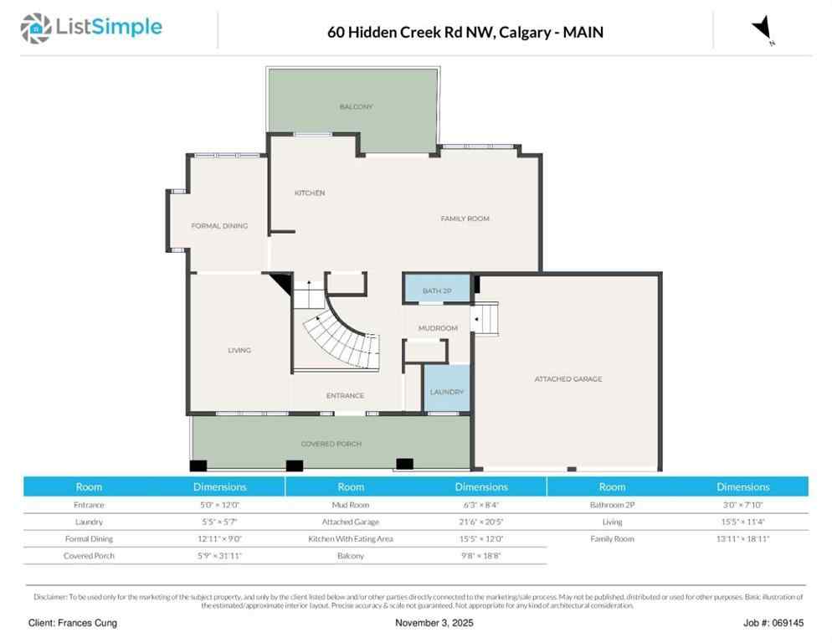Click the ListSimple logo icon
36,28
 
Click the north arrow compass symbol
763,29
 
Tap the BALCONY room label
356,107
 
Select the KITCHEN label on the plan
309,193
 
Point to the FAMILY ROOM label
465,219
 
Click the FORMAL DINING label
219,226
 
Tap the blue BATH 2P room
437,290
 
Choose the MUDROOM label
438,328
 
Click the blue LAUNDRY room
446,391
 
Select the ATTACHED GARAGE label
568,379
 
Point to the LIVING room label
239,350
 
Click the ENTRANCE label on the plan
345,396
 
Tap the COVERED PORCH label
331,444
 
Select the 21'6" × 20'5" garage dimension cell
481,522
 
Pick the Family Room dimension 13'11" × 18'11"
742,539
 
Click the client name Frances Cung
73,623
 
